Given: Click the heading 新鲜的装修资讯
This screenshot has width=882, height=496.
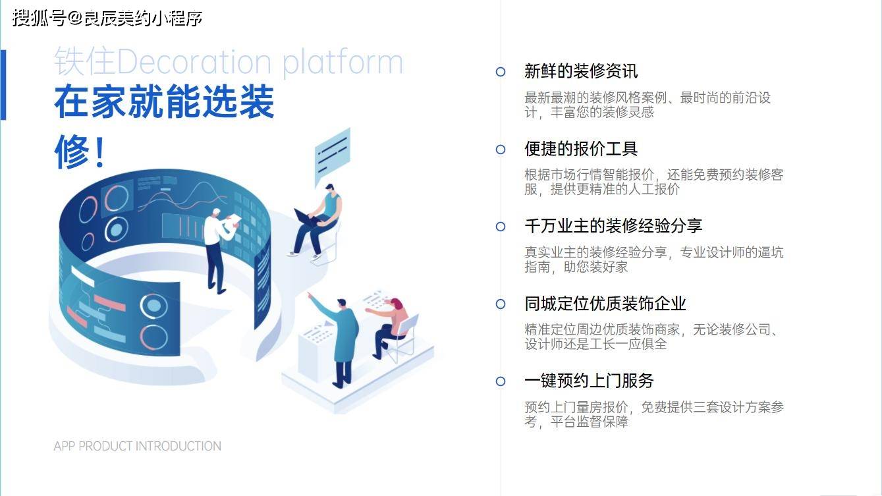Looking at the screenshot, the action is click(x=581, y=71).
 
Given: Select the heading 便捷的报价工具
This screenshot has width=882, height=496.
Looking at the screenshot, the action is click(x=581, y=149).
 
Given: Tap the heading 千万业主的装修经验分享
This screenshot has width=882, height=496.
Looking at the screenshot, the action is click(x=613, y=226).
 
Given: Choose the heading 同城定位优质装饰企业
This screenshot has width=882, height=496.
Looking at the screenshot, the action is click(x=605, y=304).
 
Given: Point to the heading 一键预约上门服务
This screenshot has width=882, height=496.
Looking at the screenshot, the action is click(x=589, y=381).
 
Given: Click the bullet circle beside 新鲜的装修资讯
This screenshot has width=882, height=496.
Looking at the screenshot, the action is click(x=501, y=72).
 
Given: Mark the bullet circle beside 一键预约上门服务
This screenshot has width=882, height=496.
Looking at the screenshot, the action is click(x=501, y=381).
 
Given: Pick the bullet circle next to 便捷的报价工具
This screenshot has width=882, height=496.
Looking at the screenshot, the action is click(x=501, y=149).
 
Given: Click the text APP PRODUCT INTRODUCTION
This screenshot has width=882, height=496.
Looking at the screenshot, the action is click(x=138, y=446).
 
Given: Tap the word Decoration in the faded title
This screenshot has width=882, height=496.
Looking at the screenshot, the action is click(x=194, y=62).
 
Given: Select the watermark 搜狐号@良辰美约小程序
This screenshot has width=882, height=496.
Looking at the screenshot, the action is click(x=107, y=18).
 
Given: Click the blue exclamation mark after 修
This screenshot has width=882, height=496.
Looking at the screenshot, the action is click(x=100, y=152).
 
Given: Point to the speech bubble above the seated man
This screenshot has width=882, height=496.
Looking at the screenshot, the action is click(x=333, y=156).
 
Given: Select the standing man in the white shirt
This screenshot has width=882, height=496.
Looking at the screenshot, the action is click(x=219, y=250).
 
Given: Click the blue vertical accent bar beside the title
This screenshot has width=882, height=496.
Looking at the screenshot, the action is click(x=3, y=84).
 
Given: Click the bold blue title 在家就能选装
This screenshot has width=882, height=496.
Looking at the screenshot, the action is click(x=164, y=101).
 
